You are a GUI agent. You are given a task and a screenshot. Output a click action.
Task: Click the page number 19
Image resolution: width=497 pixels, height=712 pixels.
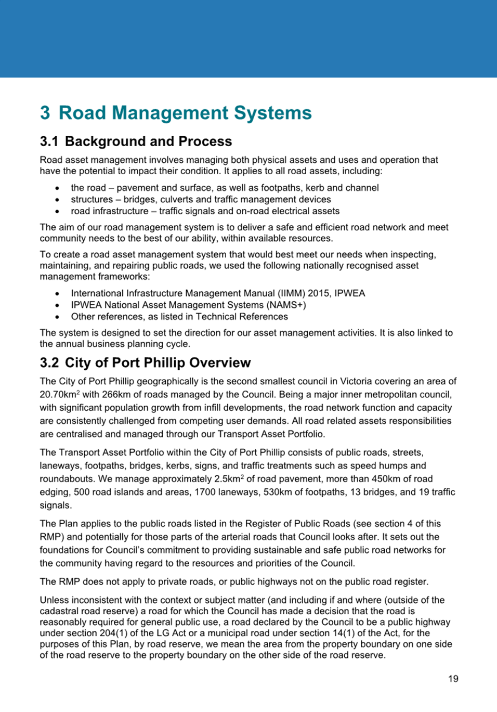(453, 678)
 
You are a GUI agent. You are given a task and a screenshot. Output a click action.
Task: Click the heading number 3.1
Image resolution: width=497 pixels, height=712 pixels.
(49, 141)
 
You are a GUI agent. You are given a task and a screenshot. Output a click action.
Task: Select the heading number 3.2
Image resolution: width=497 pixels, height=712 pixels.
(49, 363)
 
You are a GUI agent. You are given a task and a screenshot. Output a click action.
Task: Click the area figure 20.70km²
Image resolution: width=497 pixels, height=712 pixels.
(60, 394)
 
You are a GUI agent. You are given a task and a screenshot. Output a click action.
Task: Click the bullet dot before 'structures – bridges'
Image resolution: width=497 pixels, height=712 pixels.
(57, 200)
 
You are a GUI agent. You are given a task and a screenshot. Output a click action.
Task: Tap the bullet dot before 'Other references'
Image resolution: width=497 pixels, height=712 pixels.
(57, 317)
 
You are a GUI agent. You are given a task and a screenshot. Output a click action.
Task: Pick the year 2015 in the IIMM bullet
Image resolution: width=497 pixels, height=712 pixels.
(312, 293)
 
